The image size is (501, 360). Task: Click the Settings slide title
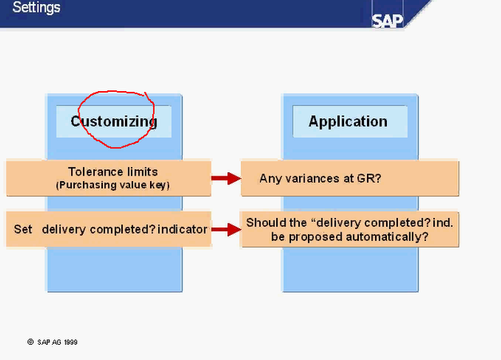click(x=36, y=8)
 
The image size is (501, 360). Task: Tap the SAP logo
click(x=388, y=20)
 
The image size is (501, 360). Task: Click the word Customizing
click(x=113, y=121)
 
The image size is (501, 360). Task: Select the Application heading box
click(x=348, y=121)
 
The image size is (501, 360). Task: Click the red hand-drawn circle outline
click(x=150, y=103)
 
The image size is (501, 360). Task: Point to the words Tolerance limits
click(x=112, y=172)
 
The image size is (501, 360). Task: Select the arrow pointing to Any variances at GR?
click(x=226, y=178)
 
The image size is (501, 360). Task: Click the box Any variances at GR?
click(x=349, y=178)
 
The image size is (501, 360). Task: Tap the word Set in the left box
click(x=23, y=229)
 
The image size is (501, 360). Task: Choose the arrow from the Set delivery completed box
click(x=226, y=229)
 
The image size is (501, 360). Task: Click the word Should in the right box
click(x=264, y=222)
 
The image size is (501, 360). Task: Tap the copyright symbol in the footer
click(x=30, y=342)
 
